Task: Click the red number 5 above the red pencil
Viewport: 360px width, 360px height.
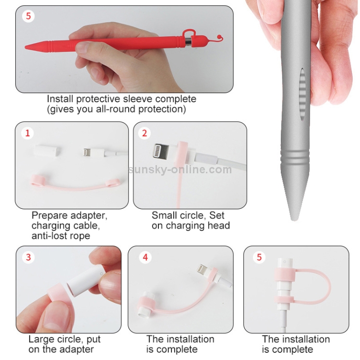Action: (x=28, y=16)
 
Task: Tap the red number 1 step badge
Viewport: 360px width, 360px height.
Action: (x=27, y=133)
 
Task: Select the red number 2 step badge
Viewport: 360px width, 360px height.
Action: (x=144, y=133)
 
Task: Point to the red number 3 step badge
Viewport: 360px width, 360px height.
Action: (x=28, y=257)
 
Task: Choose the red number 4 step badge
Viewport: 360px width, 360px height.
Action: (x=145, y=257)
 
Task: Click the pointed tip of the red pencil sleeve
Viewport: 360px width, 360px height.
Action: (x=26, y=47)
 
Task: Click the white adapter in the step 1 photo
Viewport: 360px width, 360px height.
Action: (x=48, y=150)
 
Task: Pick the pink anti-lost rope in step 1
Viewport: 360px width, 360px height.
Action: (x=76, y=185)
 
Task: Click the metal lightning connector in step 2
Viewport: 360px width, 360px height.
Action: (x=160, y=150)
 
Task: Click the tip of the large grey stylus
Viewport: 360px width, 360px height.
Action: (x=293, y=219)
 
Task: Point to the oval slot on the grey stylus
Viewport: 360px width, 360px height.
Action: (x=302, y=94)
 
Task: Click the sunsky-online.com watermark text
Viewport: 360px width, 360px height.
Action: (x=180, y=169)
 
